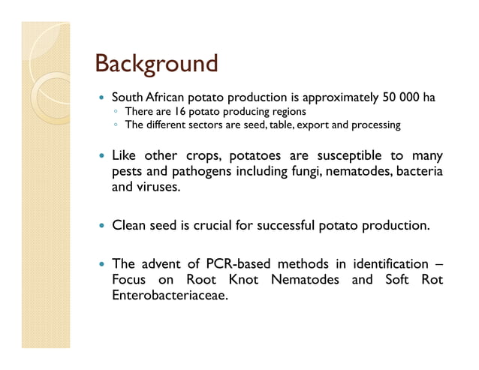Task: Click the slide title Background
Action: (157, 63)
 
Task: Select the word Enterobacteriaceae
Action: (169, 295)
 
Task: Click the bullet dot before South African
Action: (100, 98)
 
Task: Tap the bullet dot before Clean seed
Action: (100, 225)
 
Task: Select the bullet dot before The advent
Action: (100, 264)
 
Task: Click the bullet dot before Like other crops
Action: (100, 157)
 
